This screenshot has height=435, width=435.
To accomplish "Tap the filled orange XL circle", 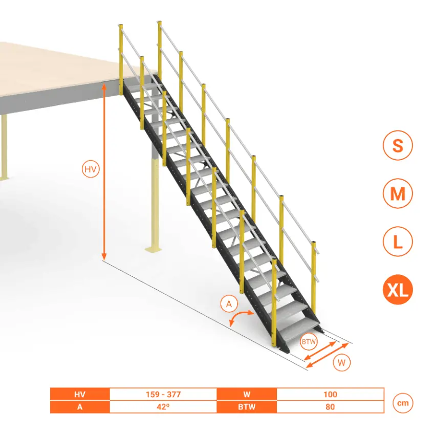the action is [x=398, y=290].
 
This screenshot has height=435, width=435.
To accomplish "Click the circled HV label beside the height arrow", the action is [x=91, y=169].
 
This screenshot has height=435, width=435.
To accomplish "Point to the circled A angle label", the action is [x=229, y=304].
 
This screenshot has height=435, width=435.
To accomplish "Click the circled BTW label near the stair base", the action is [x=309, y=341].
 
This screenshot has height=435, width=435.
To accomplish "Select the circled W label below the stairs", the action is [x=341, y=363].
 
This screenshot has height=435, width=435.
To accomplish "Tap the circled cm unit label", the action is [x=403, y=403].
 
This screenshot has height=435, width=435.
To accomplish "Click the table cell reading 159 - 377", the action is [x=163, y=394].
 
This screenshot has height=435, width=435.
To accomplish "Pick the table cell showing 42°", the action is [x=163, y=407].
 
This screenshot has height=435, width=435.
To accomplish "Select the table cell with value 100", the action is [x=330, y=394].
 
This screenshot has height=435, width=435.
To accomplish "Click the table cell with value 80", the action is [x=330, y=407].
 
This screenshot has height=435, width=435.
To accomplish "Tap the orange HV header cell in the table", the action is [x=80, y=394].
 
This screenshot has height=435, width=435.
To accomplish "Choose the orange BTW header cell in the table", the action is [x=247, y=407].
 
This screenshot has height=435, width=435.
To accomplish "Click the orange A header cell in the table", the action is [x=80, y=407].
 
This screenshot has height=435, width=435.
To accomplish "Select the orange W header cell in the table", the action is [x=247, y=394].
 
